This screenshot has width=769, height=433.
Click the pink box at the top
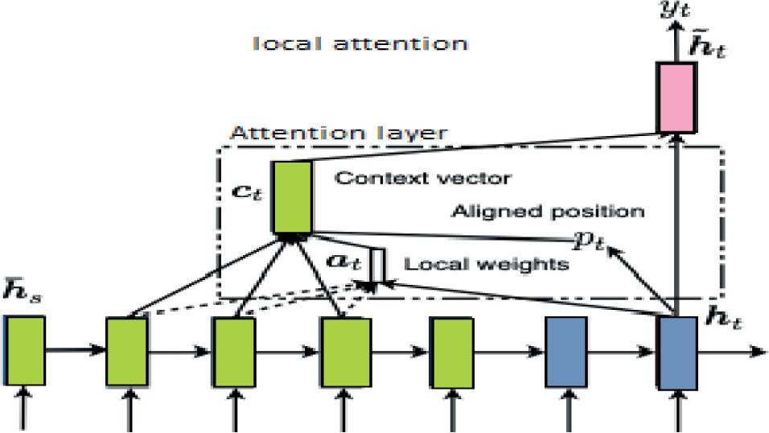[676, 97]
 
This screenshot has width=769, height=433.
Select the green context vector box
[292, 197]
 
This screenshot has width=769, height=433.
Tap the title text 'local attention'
[360, 43]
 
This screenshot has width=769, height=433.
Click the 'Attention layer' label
[338, 133]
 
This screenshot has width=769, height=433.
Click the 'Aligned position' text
[547, 212]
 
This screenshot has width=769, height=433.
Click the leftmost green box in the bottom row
[25, 350]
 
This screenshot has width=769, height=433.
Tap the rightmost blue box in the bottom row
[676, 353]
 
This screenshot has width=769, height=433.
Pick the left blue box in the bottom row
[566, 353]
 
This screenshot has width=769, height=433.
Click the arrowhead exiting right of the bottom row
[757, 351]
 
